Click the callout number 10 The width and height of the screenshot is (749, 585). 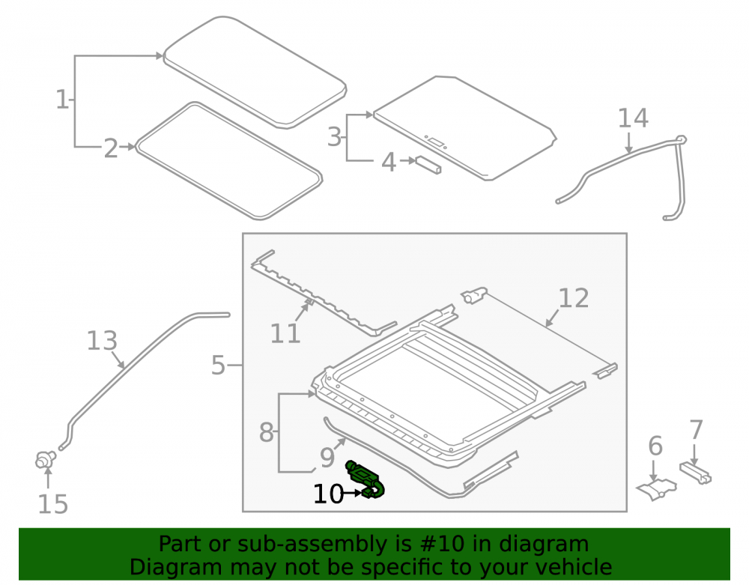pyautogui.click(x=328, y=494)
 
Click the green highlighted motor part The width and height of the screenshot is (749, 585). pyautogui.click(x=366, y=479)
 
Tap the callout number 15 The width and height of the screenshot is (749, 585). pyautogui.click(x=52, y=504)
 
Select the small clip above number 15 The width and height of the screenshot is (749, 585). pyautogui.click(x=46, y=460)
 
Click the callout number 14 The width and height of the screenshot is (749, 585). pyautogui.click(x=633, y=118)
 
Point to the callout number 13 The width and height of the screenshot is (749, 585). pyautogui.click(x=102, y=341)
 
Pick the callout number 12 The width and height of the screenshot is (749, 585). pyautogui.click(x=573, y=298)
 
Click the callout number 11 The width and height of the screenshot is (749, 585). pyautogui.click(x=285, y=333)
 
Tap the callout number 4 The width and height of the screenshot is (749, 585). pyautogui.click(x=388, y=163)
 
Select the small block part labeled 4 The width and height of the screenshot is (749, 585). pyautogui.click(x=428, y=165)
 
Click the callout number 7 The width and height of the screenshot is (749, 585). pyautogui.click(x=696, y=429)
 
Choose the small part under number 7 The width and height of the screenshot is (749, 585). pyautogui.click(x=696, y=473)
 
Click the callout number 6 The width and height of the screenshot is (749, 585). pyautogui.click(x=655, y=446)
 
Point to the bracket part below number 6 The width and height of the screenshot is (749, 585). pyautogui.click(x=656, y=489)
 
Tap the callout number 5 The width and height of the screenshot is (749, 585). pyautogui.click(x=218, y=366)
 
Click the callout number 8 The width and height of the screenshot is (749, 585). pyautogui.click(x=266, y=432)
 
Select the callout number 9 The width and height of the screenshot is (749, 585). pyautogui.click(x=327, y=458)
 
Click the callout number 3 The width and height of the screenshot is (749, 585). pyautogui.click(x=334, y=137)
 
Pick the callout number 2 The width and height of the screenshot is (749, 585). pyautogui.click(x=111, y=148)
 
